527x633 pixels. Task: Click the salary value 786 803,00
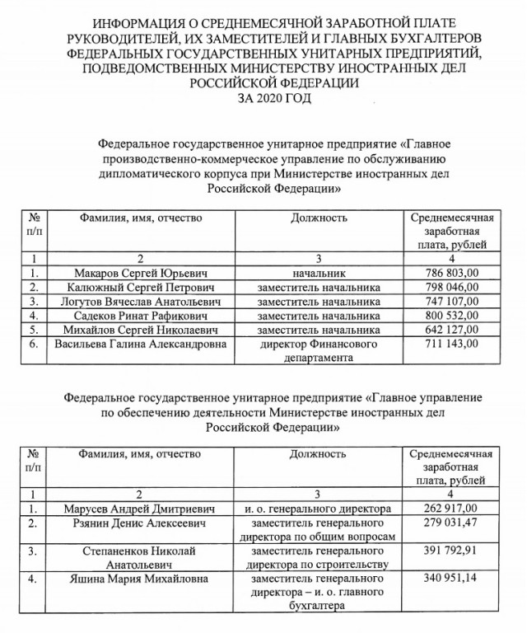pyautogui.click(x=451, y=274)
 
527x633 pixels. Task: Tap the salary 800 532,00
pyautogui.click(x=451, y=316)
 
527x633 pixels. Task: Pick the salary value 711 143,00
pyautogui.click(x=451, y=344)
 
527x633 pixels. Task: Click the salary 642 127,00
pyautogui.click(x=451, y=330)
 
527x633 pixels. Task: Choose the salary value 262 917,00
pyautogui.click(x=450, y=509)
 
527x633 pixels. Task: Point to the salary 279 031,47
pyautogui.click(x=450, y=523)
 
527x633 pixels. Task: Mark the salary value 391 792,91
pyautogui.click(x=450, y=551)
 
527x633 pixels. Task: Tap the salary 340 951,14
pyautogui.click(x=450, y=580)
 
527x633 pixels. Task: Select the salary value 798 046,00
pyautogui.click(x=451, y=288)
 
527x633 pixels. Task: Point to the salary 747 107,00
pyautogui.click(x=451, y=302)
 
